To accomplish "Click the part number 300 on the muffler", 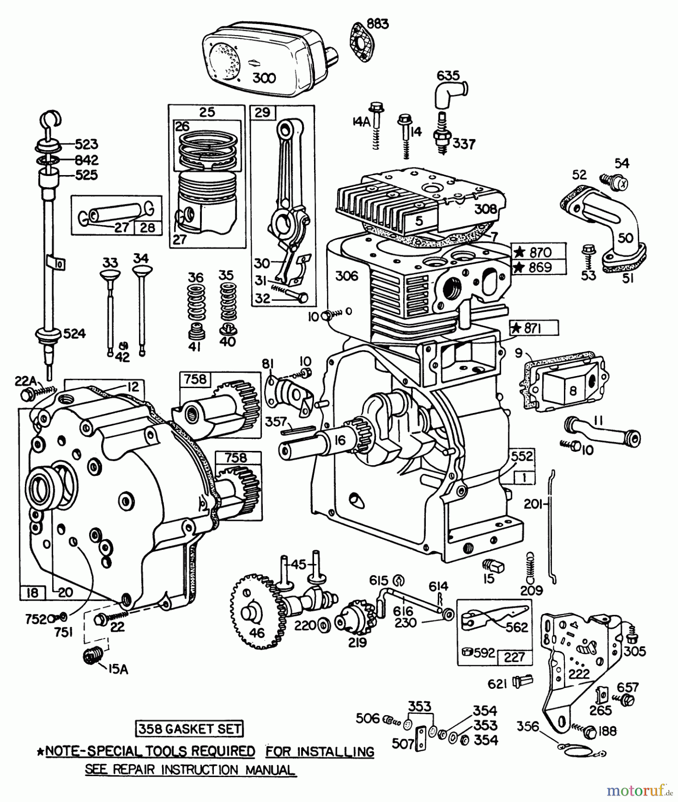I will pos(264,78).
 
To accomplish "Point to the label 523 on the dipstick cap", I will pos(86,144).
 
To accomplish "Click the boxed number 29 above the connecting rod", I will pos(263,112).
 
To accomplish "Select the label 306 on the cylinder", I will pos(346,276).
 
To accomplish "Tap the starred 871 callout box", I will pos(534,328).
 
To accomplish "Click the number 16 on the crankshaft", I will pos(339,441).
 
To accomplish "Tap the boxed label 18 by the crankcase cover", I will pos(32,593).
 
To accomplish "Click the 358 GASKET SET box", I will pos(190,729).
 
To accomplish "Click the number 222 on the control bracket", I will pos(579,674).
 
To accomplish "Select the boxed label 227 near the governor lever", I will pos(514,657).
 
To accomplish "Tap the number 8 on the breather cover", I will pos(573,391).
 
